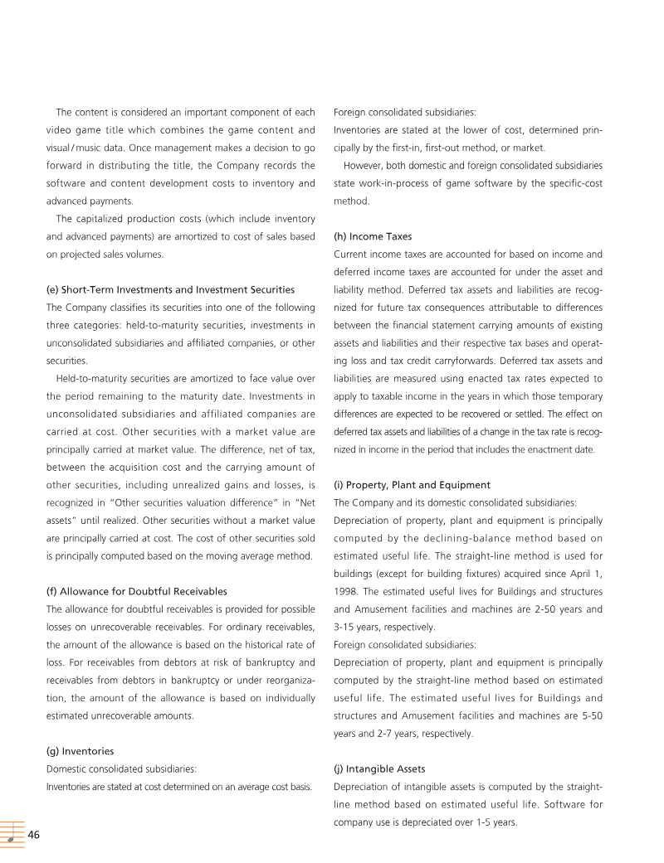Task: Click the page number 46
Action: click(34, 835)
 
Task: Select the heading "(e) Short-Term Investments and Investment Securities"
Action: click(169, 289)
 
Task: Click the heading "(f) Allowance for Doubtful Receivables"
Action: click(135, 591)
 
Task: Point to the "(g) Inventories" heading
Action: click(80, 751)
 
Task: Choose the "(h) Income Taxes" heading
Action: click(372, 236)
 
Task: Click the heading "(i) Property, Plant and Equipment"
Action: click(412, 485)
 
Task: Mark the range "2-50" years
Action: click(525, 609)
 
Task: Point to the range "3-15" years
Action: click(348, 627)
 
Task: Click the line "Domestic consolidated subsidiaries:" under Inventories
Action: click(120, 768)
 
